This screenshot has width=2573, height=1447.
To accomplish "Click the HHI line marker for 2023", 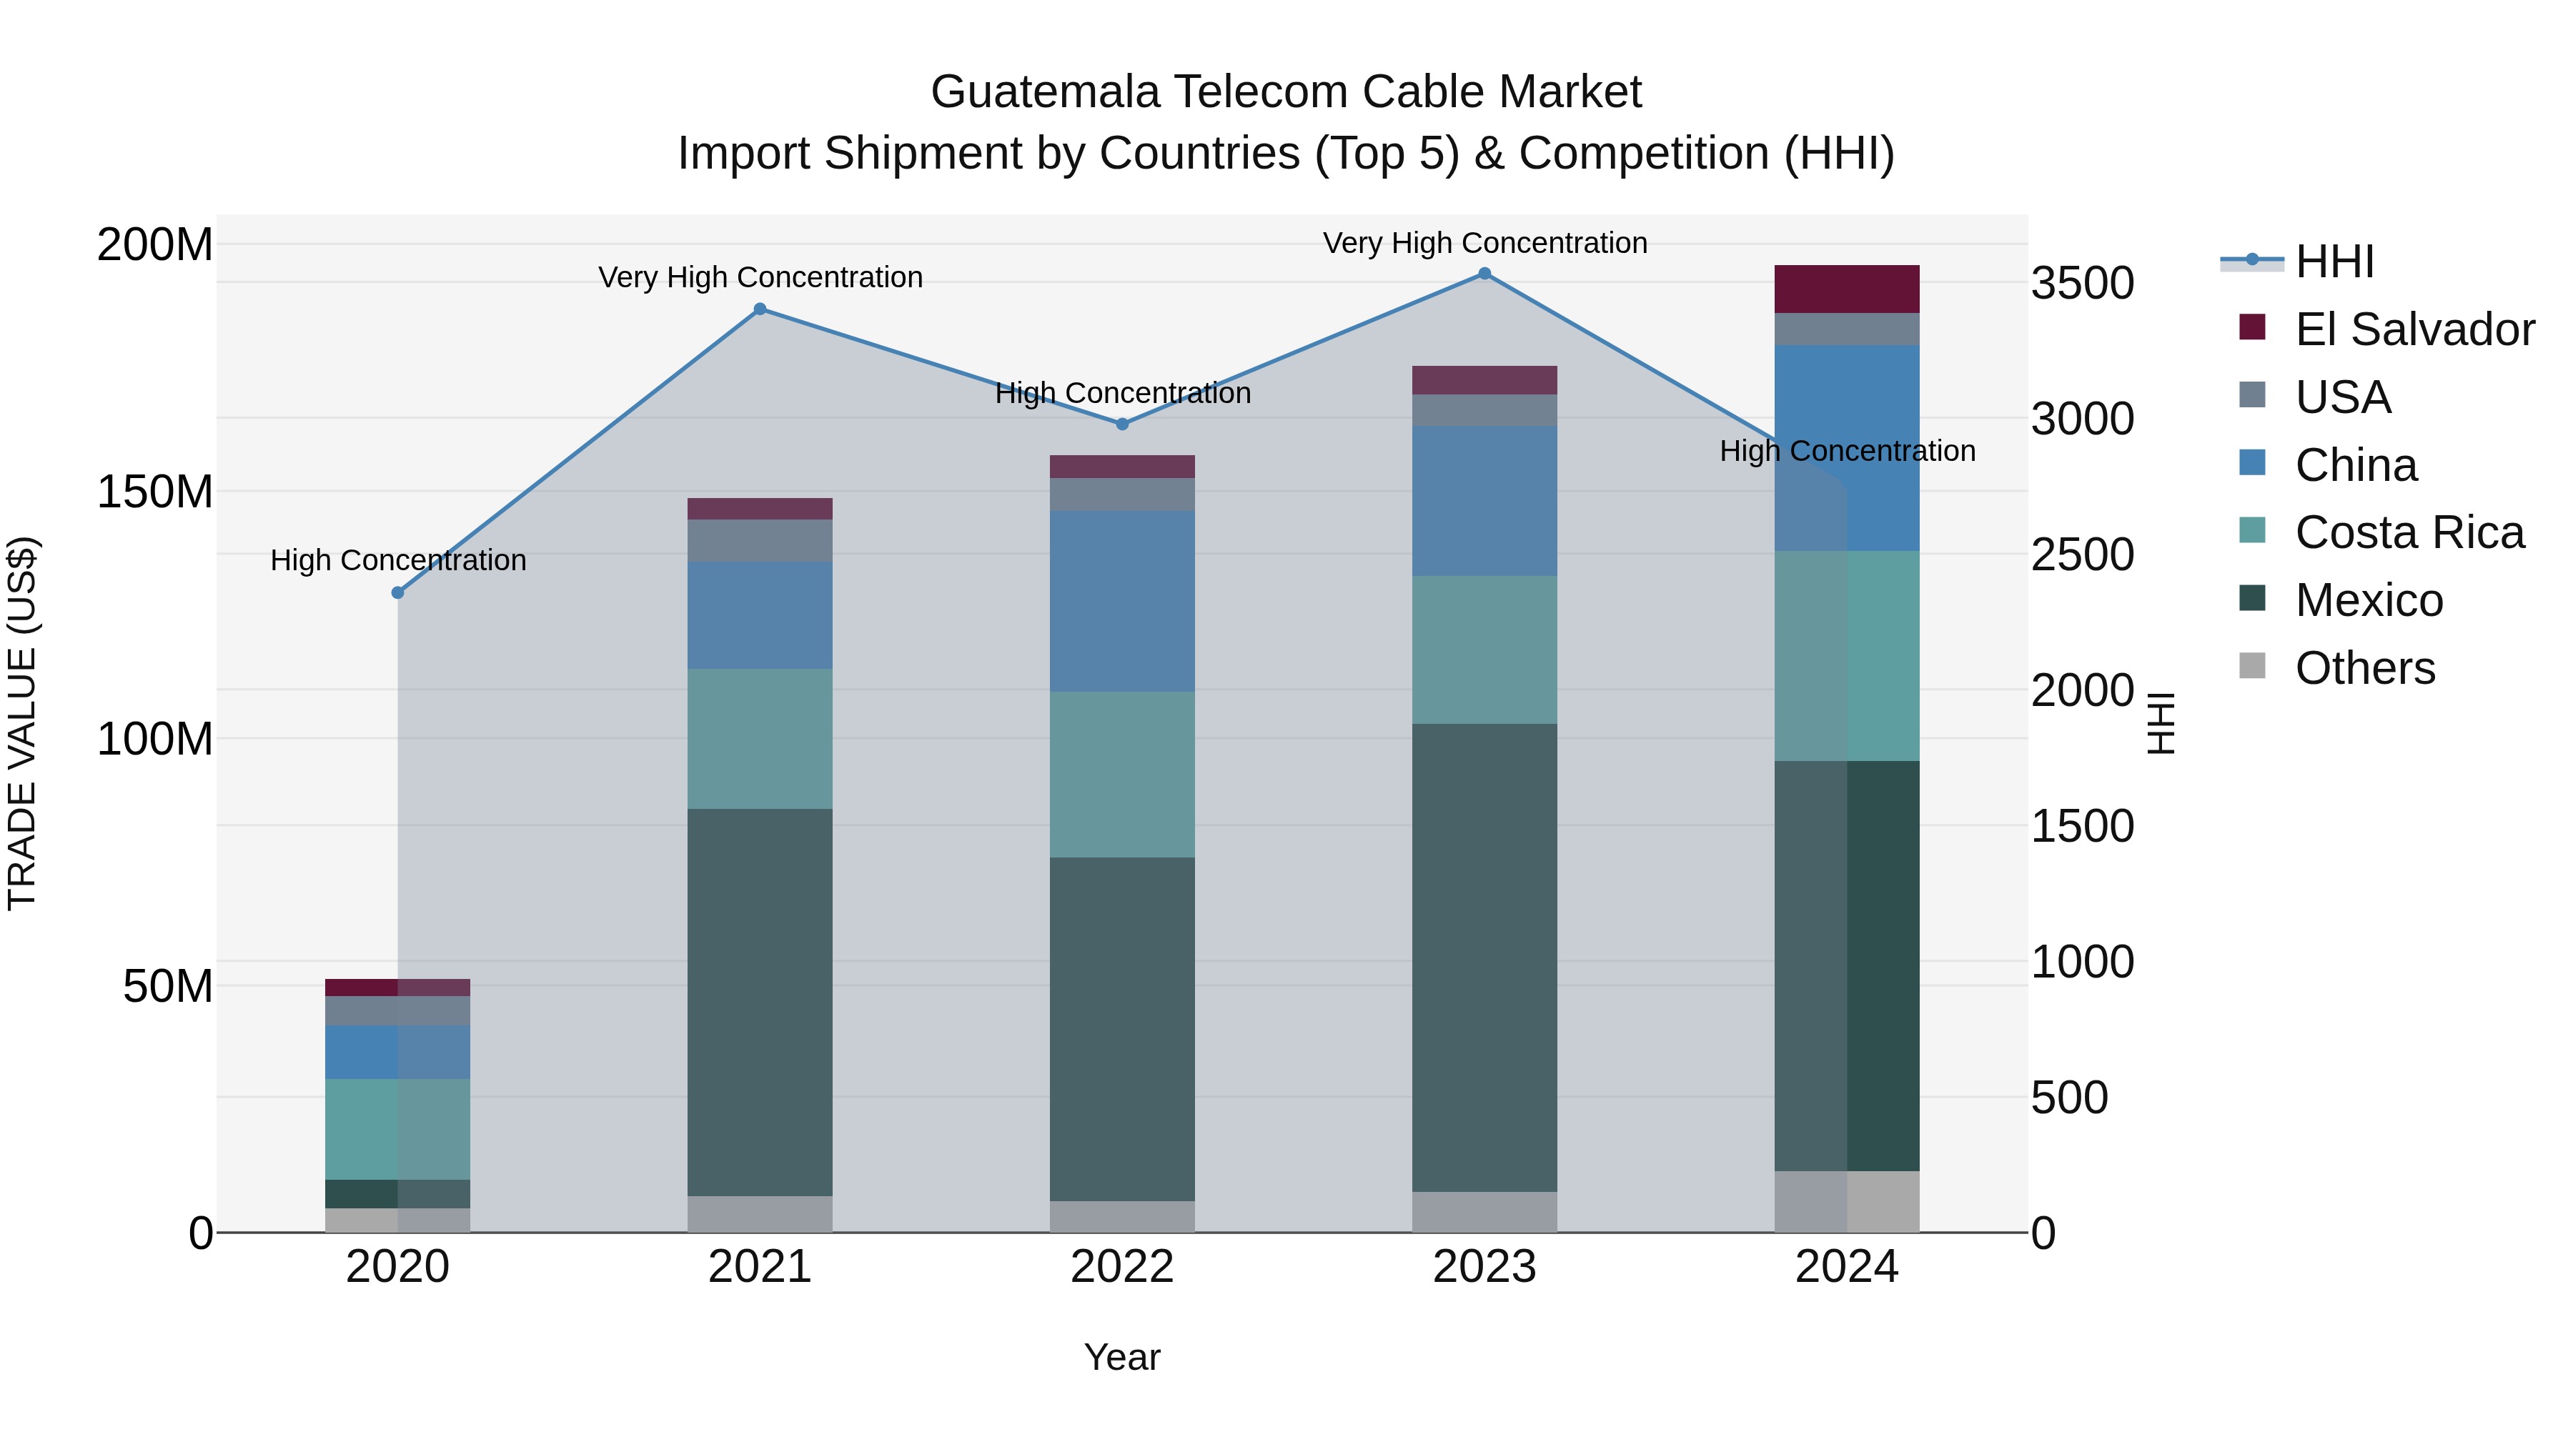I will point(1484,274).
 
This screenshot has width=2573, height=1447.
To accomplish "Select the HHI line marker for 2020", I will point(397,592).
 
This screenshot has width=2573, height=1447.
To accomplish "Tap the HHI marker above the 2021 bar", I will point(760,309).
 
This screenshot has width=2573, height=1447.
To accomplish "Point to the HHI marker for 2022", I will point(1121,424).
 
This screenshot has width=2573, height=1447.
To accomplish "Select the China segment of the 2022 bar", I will point(1121,601).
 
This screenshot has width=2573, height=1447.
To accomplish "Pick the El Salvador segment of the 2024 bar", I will point(1847,289).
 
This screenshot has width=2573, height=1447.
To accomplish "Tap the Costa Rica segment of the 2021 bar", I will point(760,738).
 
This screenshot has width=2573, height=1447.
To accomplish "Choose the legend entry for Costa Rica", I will point(2408,532).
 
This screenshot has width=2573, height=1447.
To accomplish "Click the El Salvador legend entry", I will point(2413,329).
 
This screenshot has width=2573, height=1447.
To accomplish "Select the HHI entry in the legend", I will point(2334,262).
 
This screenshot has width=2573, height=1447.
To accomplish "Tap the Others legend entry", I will point(2364,668).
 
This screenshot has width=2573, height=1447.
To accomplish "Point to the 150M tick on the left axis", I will point(155,492).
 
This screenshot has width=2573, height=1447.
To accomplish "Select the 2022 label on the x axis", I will point(1121,1267).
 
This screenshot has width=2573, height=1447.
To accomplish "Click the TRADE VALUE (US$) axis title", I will point(22,723).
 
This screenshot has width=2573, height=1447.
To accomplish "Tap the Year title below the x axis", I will point(1121,1357).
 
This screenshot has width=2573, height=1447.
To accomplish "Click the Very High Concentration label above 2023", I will point(1484,243).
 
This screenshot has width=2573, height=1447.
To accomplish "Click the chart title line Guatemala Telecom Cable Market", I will point(1286,92).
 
